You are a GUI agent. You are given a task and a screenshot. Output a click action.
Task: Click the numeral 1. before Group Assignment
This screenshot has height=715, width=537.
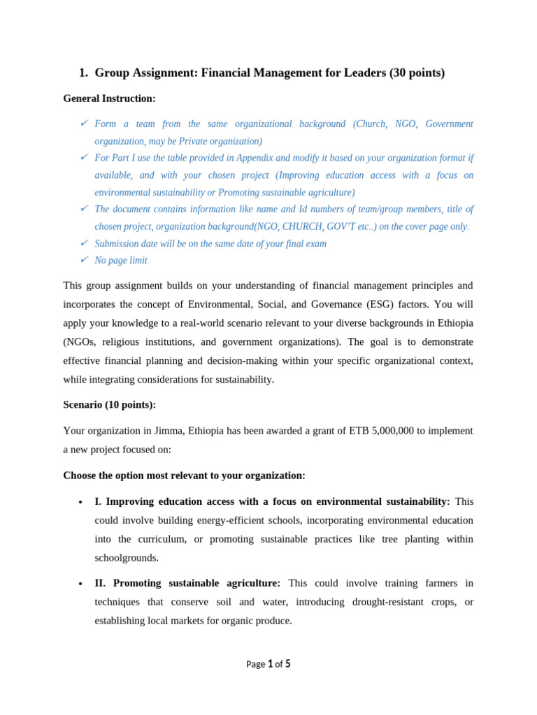83,73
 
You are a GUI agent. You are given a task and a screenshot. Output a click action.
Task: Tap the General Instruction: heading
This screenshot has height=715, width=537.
109,98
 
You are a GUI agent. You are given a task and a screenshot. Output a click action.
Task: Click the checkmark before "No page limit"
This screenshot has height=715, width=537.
84,260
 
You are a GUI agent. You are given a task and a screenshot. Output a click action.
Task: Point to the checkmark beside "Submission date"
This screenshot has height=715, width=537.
84,243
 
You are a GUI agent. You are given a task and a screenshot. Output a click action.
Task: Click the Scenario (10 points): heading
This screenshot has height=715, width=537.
109,404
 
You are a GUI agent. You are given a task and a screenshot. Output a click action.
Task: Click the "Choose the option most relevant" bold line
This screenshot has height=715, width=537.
184,476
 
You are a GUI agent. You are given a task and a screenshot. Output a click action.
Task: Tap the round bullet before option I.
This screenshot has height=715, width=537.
81,503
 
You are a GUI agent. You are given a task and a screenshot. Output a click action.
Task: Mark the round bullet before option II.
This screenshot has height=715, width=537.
81,584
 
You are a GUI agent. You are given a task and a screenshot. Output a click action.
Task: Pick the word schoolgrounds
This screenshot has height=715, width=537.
127,558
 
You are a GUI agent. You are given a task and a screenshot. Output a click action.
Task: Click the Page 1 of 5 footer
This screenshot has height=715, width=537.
268,664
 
